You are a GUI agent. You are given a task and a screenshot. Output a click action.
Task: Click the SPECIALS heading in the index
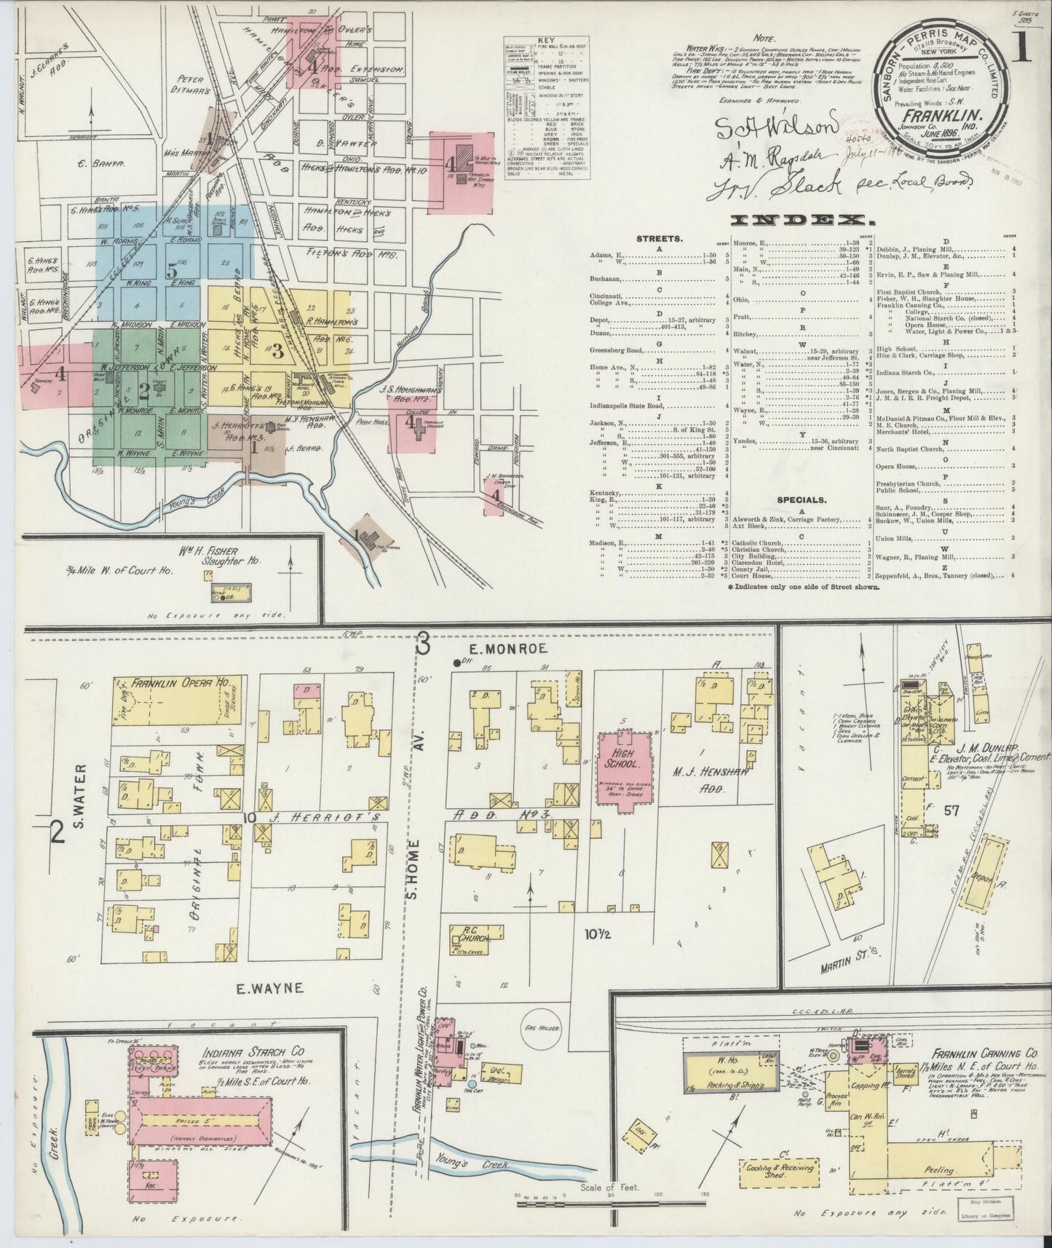(x=800, y=500)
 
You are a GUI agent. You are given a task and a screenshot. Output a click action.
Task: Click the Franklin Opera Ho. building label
(x=179, y=684)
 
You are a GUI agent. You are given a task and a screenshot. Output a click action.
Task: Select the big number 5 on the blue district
(x=172, y=272)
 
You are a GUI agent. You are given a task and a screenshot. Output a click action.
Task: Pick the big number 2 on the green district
(x=143, y=392)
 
